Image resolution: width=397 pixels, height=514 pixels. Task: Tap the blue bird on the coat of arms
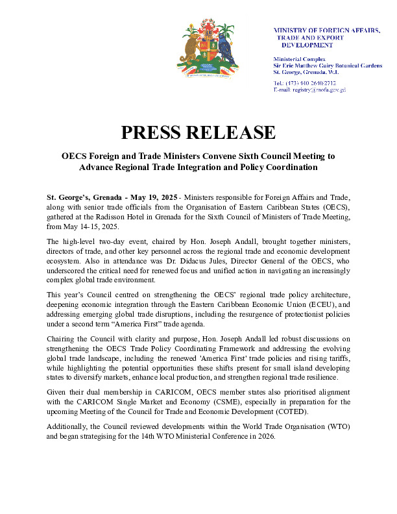(x=225, y=48)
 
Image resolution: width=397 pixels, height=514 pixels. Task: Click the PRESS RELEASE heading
(x=198, y=132)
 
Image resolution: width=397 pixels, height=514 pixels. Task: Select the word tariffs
(x=335, y=358)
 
